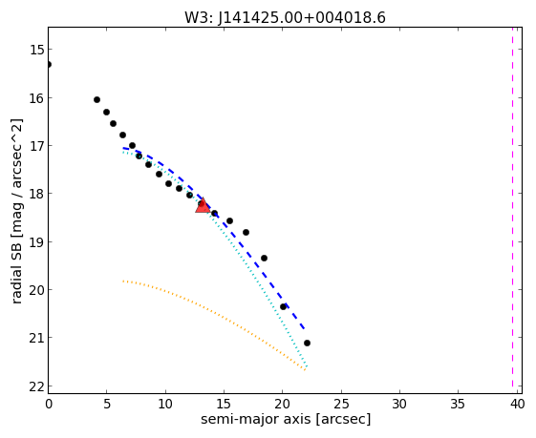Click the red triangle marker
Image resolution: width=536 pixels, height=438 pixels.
click(203, 205)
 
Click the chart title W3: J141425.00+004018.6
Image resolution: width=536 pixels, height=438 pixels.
click(285, 17)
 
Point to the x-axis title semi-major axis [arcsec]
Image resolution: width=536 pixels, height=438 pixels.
click(286, 419)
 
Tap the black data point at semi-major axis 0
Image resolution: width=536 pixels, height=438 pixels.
click(48, 64)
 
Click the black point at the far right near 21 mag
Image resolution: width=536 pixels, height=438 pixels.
click(307, 343)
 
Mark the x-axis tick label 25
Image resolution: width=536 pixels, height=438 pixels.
click(341, 405)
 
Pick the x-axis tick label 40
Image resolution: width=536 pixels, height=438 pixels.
click(517, 405)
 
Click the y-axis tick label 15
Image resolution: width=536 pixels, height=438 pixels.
click(37, 50)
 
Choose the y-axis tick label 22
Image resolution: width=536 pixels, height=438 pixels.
click(37, 386)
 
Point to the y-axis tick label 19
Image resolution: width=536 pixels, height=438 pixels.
click(37, 242)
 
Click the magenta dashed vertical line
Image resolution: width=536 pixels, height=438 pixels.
click(512, 207)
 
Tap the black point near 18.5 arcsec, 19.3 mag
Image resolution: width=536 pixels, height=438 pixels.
click(264, 258)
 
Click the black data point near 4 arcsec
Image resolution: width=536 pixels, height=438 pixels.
click(96, 99)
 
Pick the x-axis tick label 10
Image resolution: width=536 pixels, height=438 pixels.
click(165, 405)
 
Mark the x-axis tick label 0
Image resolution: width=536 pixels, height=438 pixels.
click(49, 405)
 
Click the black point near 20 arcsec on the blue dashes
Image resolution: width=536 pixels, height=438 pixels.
click(283, 306)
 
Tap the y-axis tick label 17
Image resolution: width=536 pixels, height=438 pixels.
click(37, 146)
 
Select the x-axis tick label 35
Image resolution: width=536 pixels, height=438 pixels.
click(458, 405)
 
